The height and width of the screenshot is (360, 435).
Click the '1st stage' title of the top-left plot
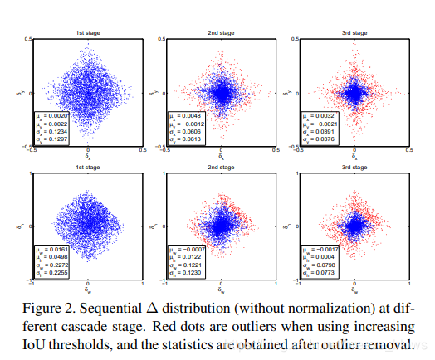click(x=87, y=34)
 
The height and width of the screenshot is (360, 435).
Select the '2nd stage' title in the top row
click(x=220, y=34)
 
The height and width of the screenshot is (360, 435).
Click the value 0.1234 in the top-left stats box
click(x=56, y=131)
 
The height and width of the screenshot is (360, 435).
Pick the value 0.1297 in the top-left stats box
click(x=56, y=139)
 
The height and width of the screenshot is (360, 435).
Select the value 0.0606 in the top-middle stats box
click(x=188, y=131)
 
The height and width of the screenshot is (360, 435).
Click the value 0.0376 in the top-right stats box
click(x=322, y=139)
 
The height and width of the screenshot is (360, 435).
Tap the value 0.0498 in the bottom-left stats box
click(x=56, y=257)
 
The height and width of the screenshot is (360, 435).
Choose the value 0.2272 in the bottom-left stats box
click(x=56, y=265)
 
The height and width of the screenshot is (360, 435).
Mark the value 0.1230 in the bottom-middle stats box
click(x=188, y=273)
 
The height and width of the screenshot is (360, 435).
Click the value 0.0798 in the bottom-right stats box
click(x=322, y=265)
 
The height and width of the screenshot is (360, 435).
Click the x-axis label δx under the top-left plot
click(x=87, y=157)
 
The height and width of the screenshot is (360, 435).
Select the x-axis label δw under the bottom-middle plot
click(x=220, y=290)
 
